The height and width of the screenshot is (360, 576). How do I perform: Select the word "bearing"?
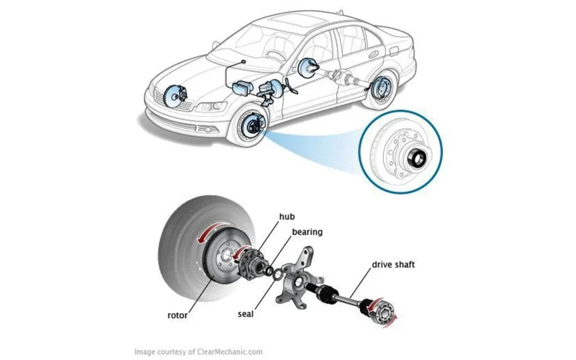(x=307, y=233)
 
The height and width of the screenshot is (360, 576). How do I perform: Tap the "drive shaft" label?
(x=393, y=265)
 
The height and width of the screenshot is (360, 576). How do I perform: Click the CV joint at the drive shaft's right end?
(x=382, y=310)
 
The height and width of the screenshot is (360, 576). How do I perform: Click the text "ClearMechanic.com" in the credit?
(x=231, y=352)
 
